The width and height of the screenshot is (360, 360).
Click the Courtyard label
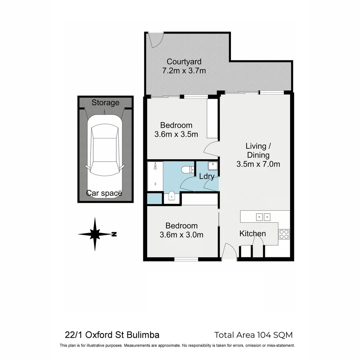pyautogui.click(x=184, y=62)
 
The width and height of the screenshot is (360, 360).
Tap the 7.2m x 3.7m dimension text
pyautogui.click(x=184, y=71)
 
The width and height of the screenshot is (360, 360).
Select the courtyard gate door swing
pyautogui.click(x=155, y=39)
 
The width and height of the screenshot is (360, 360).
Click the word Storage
pyautogui.click(x=105, y=103)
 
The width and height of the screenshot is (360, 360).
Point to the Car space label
pyautogui.click(x=104, y=193)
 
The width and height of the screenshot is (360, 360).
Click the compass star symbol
pyautogui.click(x=95, y=234)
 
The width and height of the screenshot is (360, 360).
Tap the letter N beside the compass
pyautogui.click(x=114, y=234)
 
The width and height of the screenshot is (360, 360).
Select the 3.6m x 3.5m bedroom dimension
pyautogui.click(x=176, y=134)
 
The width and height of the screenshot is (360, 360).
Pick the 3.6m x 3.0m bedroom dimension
pyautogui.click(x=181, y=235)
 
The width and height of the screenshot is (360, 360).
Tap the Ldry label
pyautogui.click(x=207, y=177)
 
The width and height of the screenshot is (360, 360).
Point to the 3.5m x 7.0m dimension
pyautogui.click(x=258, y=164)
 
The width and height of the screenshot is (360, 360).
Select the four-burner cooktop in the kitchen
pyautogui.click(x=284, y=234)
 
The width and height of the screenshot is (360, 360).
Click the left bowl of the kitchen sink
pyautogui.click(x=260, y=217)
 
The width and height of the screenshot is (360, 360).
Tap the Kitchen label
pyautogui.click(x=253, y=234)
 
